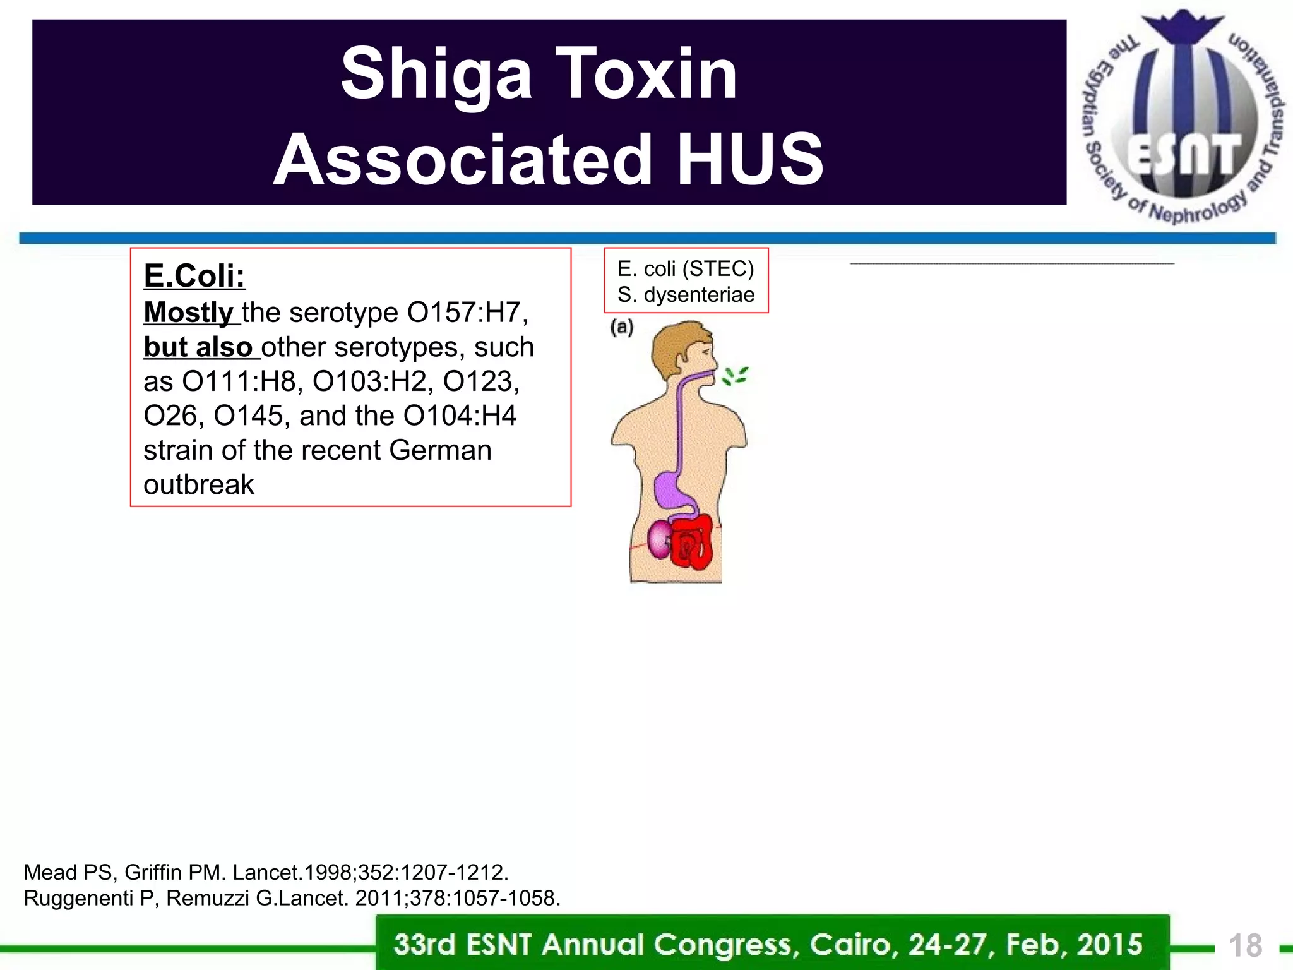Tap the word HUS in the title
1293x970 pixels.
pos(749,160)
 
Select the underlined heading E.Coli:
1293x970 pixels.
pos(194,276)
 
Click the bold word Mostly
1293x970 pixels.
pos(189,313)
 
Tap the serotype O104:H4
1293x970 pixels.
pos(460,416)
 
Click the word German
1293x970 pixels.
pos(440,451)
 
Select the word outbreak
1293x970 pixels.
pos(198,485)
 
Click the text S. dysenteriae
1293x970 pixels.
pos(686,295)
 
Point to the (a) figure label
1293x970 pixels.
pos(622,327)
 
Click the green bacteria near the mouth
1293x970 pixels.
pos(735,376)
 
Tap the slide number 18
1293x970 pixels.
pos(1245,946)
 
